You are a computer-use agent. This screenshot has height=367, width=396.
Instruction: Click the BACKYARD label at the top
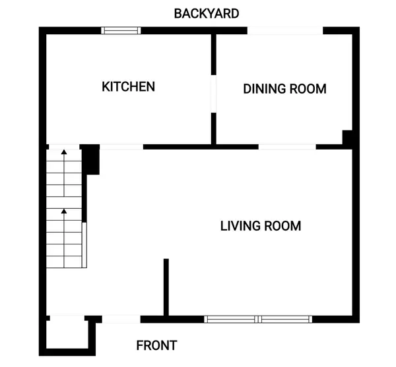pos(207,13)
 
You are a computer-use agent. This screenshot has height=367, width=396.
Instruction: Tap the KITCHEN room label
pos(128,86)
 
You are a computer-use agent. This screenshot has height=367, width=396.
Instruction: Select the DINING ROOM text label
pos(284,89)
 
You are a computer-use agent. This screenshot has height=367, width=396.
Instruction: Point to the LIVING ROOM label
pos(260,226)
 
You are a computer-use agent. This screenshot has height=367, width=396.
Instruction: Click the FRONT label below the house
pos(156,345)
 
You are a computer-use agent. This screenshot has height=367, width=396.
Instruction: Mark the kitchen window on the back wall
pos(121,30)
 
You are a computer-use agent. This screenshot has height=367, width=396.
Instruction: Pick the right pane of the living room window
pos(285,320)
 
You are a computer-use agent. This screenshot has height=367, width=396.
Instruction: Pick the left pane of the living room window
pos(231,320)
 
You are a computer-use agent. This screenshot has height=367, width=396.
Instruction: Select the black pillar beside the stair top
pos(90,159)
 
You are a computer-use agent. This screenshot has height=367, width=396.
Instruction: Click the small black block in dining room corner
pos(347,138)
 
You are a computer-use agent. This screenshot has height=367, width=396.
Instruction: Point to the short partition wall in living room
pos(166,287)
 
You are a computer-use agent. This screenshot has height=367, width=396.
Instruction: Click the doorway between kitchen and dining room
pos(213,96)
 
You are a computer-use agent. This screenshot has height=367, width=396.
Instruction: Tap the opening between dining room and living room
pos(287,146)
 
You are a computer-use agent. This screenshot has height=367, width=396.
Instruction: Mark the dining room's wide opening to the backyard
pos(285,30)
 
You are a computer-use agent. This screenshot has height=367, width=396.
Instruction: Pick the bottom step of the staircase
pos(64,262)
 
